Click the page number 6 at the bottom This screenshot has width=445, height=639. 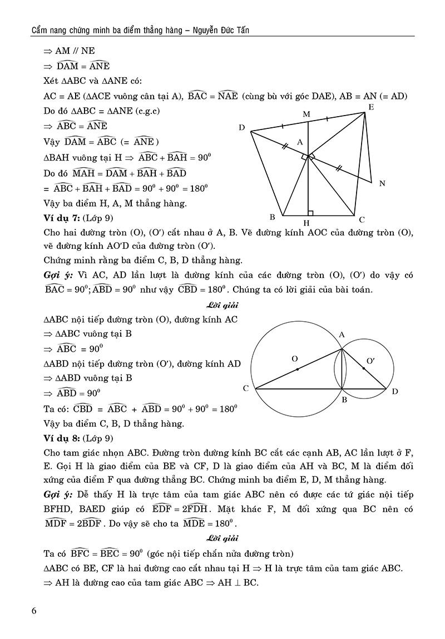[34, 611]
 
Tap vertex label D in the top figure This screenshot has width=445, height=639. [242, 128]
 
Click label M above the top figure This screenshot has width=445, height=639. [306, 113]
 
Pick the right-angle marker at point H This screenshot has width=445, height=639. [310, 213]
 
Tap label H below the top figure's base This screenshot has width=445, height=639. [306, 224]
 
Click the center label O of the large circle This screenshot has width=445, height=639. [295, 359]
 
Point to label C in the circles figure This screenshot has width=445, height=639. [245, 388]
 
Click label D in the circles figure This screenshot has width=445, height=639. [395, 392]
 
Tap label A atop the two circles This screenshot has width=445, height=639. [342, 335]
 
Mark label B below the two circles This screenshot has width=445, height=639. [344, 399]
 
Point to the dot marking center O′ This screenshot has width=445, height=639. [364, 368]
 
